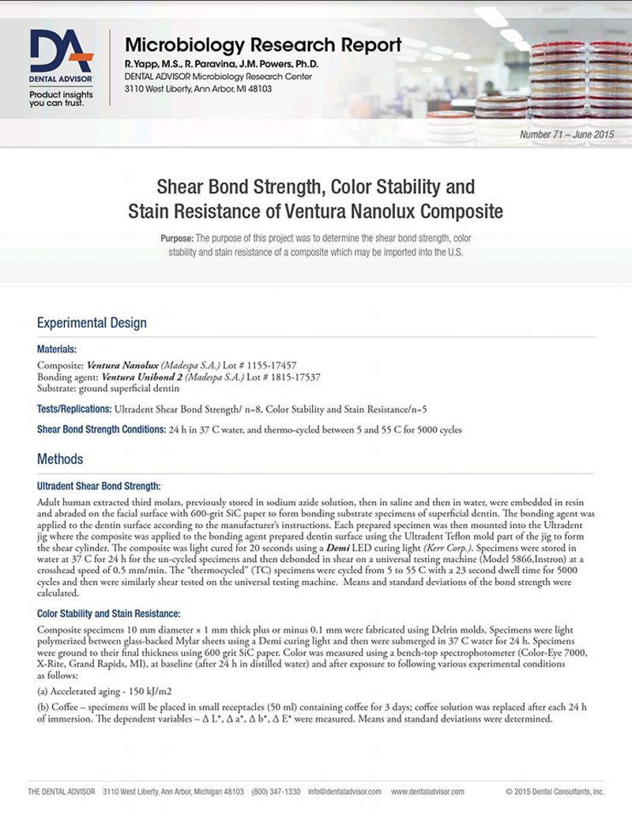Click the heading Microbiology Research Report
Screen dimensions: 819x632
(263, 45)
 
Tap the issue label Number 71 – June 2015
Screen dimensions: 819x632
(566, 134)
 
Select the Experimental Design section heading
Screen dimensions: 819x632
(92, 323)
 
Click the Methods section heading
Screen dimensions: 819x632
(60, 459)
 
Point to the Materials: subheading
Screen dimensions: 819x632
(57, 349)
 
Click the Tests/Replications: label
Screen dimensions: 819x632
(74, 409)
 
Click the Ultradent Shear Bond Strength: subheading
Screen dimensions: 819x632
(99, 486)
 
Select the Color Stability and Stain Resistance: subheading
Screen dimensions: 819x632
(109, 613)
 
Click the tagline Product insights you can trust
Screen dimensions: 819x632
(61, 99)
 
